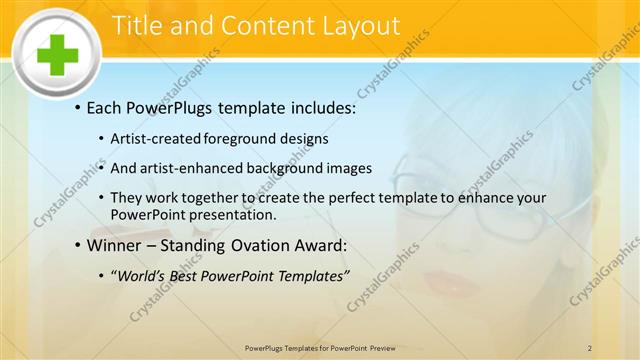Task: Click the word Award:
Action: [x=324, y=243]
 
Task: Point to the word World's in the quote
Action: [x=147, y=275]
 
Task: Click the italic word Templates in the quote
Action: [x=310, y=275]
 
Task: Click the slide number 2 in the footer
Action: [x=590, y=347]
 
